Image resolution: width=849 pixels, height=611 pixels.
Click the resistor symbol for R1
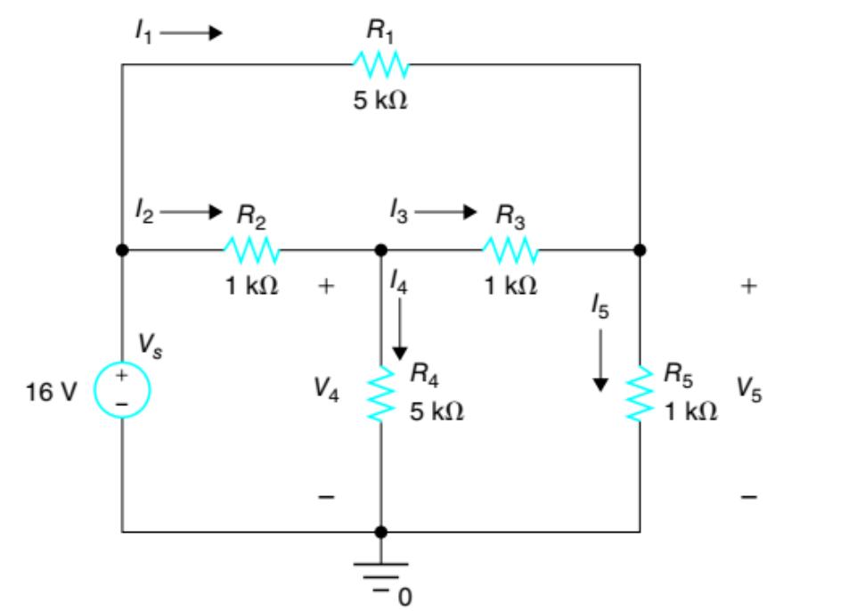tap(380, 64)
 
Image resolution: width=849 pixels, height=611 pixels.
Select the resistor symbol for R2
tap(251, 250)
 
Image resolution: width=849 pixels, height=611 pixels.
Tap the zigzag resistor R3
tap(510, 250)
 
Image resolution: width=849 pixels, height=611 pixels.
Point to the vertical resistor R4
tap(381, 392)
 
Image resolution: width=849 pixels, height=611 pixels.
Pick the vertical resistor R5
tap(639, 392)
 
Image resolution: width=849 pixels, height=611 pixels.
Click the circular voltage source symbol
tap(122, 391)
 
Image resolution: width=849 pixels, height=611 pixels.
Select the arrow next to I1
tap(191, 34)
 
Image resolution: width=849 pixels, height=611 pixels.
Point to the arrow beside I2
tap(191, 212)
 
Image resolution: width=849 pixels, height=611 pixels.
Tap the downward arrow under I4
tap(400, 329)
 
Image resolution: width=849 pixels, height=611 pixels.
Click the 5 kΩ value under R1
tap(380, 101)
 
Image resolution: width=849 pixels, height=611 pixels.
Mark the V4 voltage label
tap(326, 390)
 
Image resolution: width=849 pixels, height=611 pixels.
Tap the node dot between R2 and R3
tap(381, 250)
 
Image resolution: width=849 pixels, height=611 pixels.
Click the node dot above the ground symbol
tap(381, 532)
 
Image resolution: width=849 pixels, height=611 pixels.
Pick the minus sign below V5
tap(748, 496)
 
